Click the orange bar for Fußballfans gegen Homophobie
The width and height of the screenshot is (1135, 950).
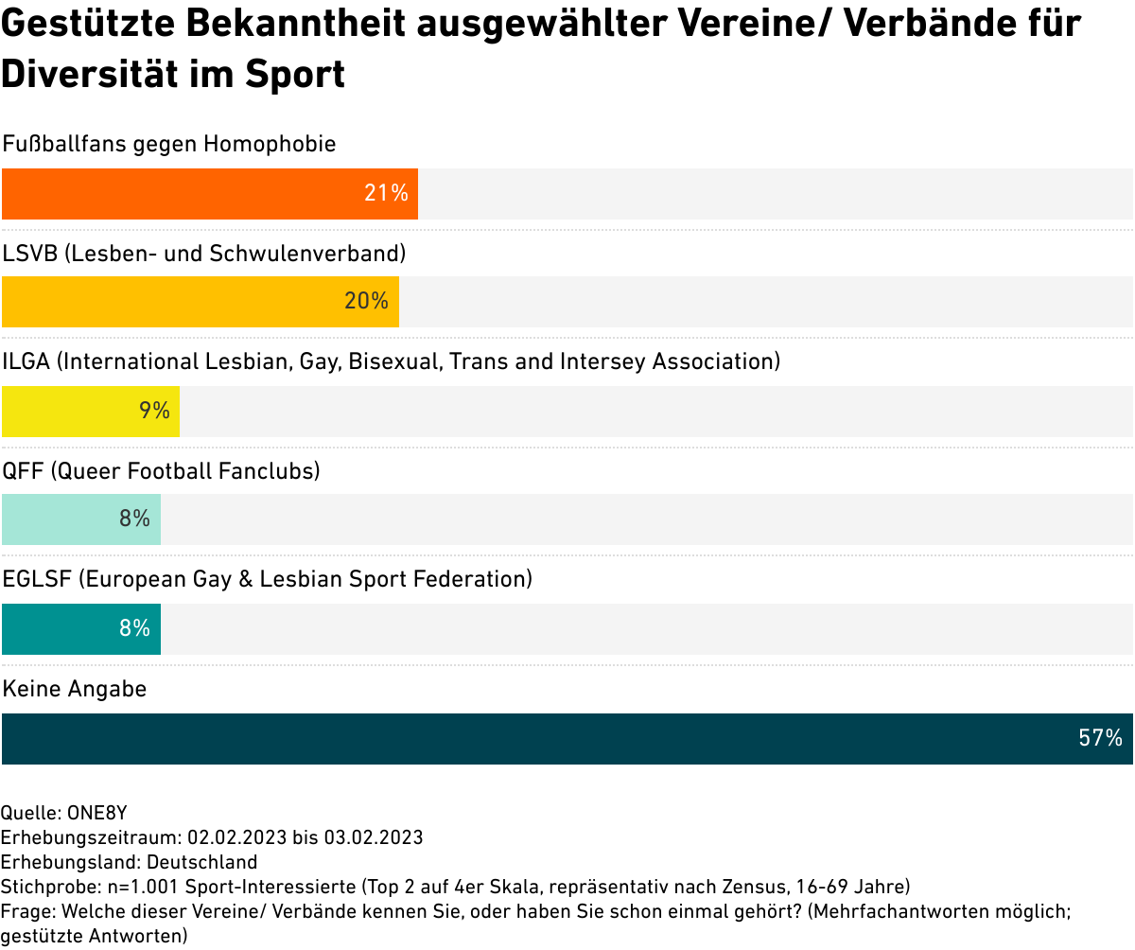(210, 194)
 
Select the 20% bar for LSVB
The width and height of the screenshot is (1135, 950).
(200, 302)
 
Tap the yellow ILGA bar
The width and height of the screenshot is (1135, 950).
(91, 412)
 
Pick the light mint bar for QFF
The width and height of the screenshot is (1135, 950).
(81, 519)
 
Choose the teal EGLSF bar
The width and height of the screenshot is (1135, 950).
(81, 629)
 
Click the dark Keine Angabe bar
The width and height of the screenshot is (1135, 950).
(567, 739)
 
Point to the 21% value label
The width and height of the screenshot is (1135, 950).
(386, 193)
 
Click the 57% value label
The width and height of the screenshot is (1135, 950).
(1100, 738)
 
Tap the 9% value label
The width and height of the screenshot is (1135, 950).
(154, 411)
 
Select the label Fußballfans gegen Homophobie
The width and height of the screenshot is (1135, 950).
(169, 144)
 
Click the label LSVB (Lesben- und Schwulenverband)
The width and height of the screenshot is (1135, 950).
(204, 254)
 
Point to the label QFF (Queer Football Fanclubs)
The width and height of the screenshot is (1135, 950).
(161, 471)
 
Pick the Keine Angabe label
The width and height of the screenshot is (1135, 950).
(75, 689)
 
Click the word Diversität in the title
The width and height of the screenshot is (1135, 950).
(90, 74)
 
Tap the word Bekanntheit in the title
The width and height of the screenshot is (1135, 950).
(296, 24)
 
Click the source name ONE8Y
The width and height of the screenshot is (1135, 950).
(96, 813)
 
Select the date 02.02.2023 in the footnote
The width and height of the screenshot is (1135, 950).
(237, 837)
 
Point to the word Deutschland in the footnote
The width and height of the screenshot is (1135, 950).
(201, 862)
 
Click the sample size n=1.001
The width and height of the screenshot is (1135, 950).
(143, 887)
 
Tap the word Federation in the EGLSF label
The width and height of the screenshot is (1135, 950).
(472, 579)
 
